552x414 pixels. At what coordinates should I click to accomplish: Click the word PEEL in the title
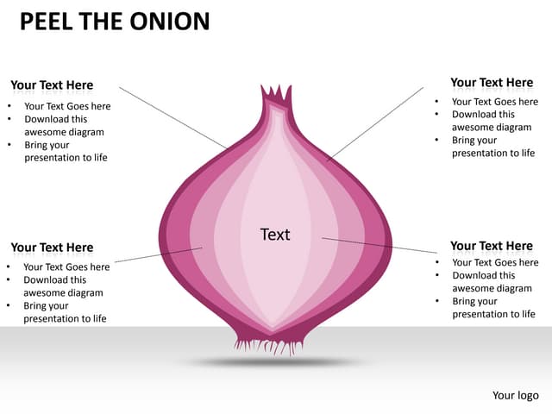[47, 21]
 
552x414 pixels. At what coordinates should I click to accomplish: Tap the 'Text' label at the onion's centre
[275, 235]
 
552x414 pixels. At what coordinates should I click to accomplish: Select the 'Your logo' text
[515, 395]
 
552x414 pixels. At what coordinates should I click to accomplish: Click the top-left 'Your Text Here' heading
[52, 85]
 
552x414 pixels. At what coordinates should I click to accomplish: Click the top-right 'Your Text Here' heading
[492, 83]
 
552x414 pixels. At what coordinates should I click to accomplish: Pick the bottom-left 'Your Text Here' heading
[52, 248]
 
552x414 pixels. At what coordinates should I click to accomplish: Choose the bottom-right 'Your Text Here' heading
[492, 246]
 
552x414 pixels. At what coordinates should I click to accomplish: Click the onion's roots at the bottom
[269, 344]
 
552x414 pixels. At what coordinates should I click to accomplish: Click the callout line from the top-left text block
[172, 116]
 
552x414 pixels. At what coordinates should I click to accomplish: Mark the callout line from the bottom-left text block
[155, 254]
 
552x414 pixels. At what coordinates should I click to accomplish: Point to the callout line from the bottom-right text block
[379, 245]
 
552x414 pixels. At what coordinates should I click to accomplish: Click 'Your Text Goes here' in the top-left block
[67, 107]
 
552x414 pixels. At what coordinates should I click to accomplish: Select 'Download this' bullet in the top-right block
[483, 114]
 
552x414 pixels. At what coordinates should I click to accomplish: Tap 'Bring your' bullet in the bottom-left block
[45, 305]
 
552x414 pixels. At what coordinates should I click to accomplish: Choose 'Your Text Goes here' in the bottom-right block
[495, 262]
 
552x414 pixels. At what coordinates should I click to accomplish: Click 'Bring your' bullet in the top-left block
[46, 145]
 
